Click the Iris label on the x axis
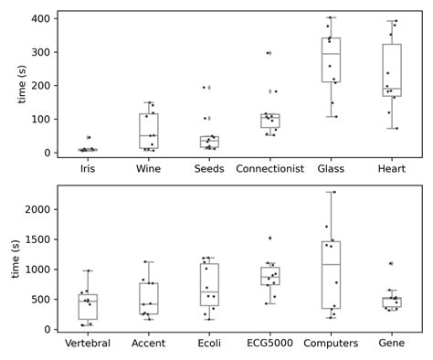pos(88,168)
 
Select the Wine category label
pos(149,168)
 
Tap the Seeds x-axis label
pos(209,168)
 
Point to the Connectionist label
pos(269,168)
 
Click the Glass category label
pos(331,168)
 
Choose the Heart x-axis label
pos(392,168)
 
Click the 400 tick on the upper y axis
pos(40,18)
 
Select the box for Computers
pos(331,274)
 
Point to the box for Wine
pos(149,131)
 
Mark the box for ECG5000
pos(269,276)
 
